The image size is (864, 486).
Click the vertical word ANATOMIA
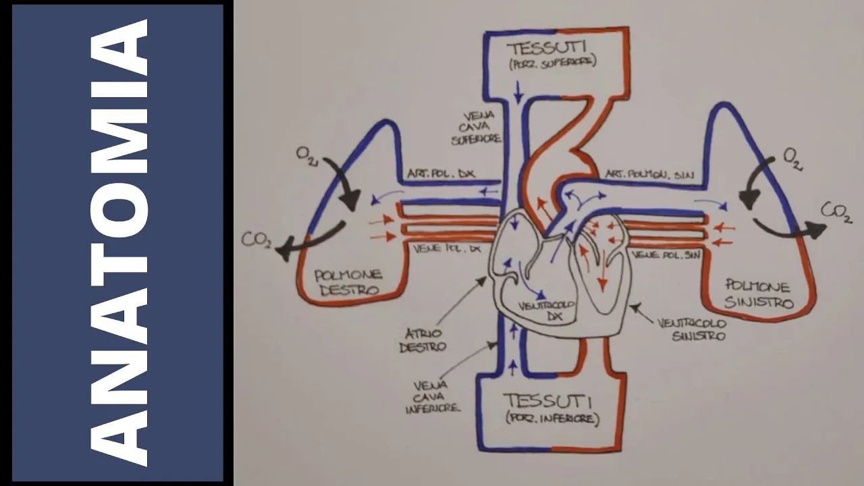(119, 243)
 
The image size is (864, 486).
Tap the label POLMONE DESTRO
(348, 281)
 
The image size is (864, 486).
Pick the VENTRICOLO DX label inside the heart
(546, 310)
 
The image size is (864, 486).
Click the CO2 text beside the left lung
(835, 211)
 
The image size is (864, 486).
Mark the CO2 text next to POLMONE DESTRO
(258, 239)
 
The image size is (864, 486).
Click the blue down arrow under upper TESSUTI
(518, 91)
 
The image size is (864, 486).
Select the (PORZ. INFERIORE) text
(551, 418)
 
